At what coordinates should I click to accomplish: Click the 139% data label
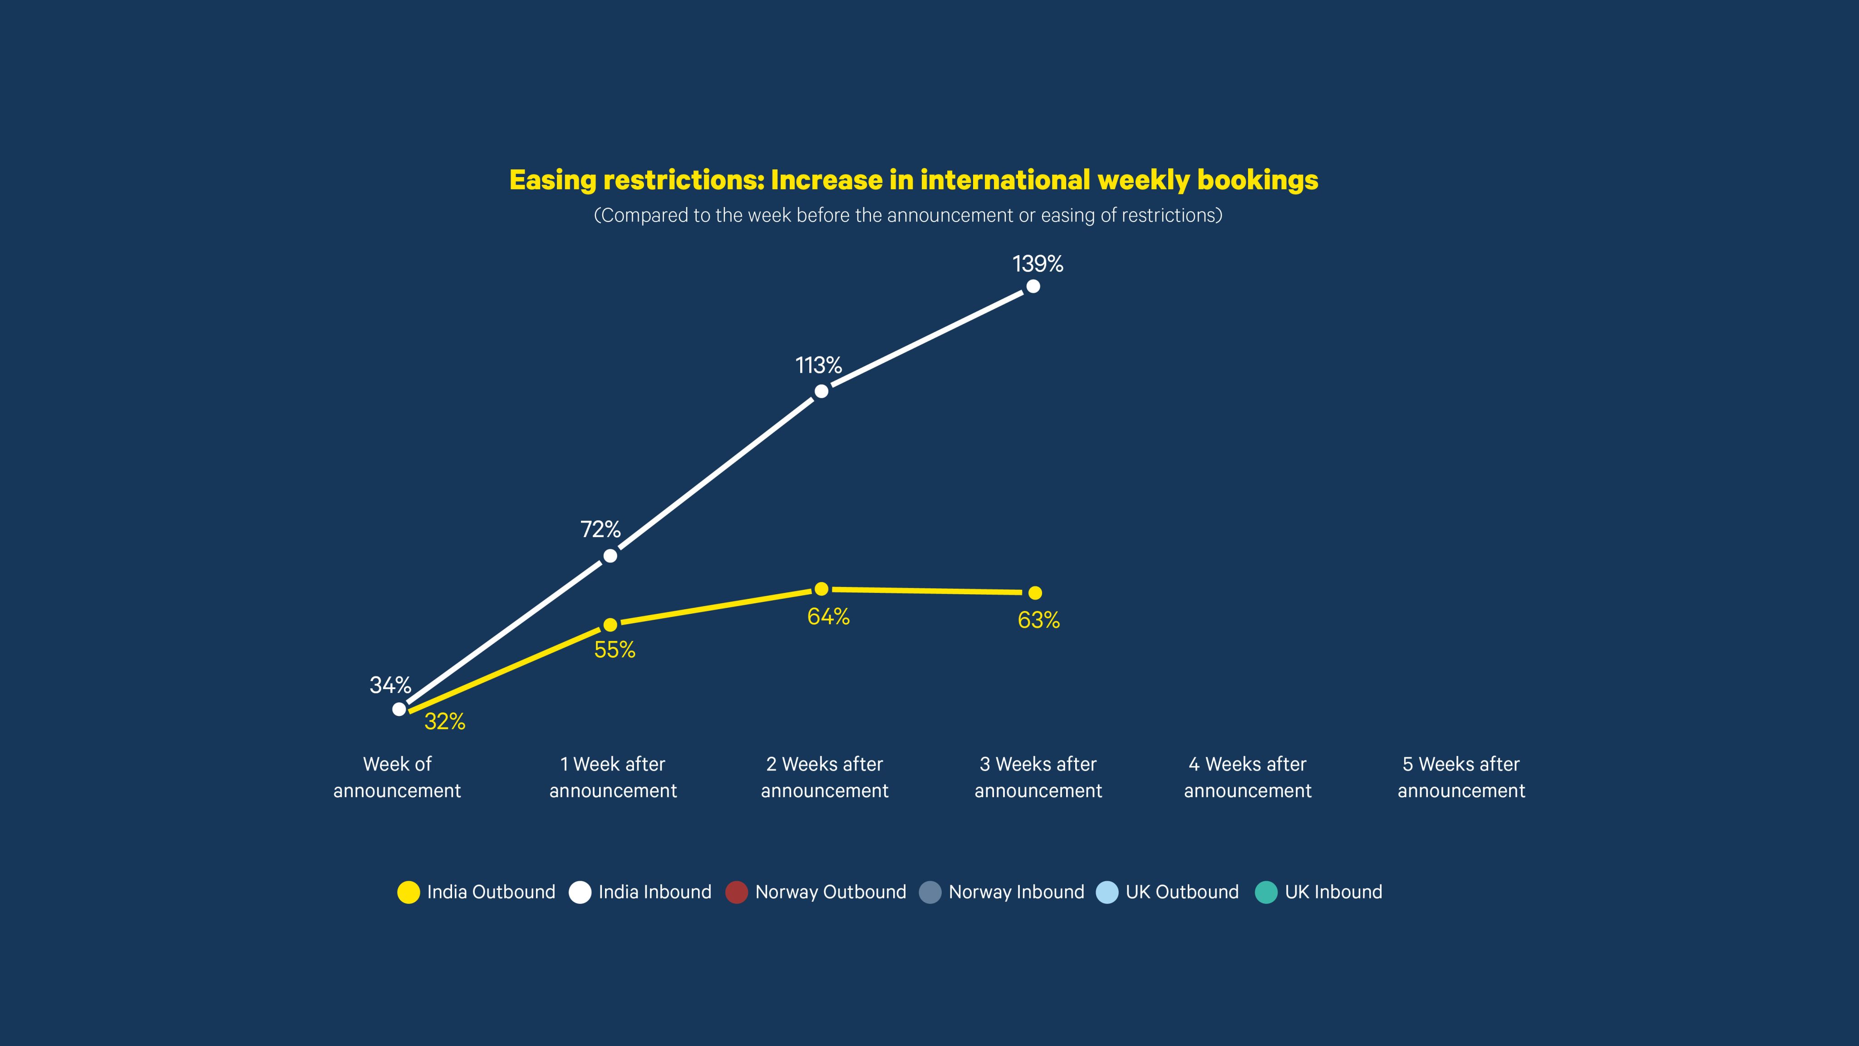[1037, 264]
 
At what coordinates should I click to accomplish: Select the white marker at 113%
[821, 391]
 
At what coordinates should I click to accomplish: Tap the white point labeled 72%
[610, 556]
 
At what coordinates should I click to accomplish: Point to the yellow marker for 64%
[821, 589]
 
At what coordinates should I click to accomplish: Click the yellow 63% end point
[1035, 592]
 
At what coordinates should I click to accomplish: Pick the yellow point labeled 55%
[610, 624]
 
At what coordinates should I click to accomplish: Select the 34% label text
[390, 685]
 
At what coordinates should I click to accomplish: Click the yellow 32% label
[444, 721]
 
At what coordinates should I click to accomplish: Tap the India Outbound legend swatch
[408, 892]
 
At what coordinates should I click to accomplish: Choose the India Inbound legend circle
[580, 892]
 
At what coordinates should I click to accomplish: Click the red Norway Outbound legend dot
[736, 892]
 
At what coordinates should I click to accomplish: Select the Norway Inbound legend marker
[930, 892]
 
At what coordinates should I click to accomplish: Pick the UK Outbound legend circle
[1107, 892]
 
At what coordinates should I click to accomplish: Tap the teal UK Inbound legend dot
[1267, 892]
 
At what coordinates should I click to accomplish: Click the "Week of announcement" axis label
[397, 777]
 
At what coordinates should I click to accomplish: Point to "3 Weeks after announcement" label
[1038, 777]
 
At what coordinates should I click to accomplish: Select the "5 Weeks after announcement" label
[1461, 777]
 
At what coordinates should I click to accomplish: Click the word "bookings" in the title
[1257, 181]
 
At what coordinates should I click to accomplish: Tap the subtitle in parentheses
[908, 215]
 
